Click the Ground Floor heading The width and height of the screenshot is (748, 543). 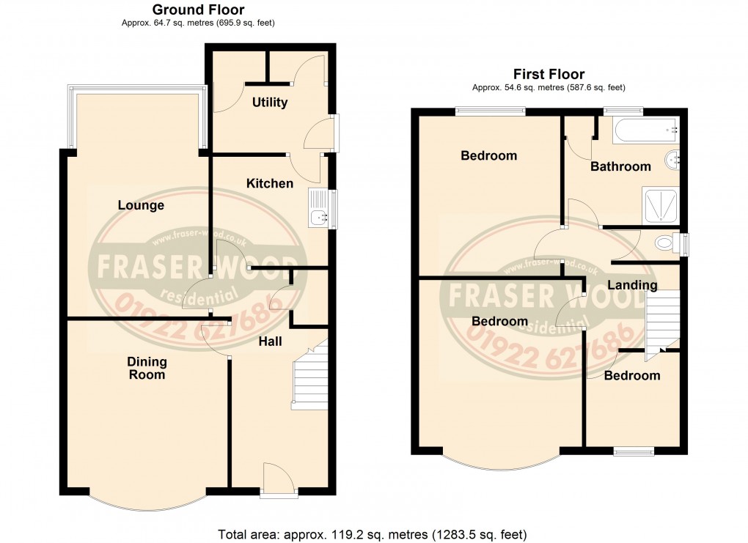coord(198,10)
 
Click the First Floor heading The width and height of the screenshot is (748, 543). coord(549,74)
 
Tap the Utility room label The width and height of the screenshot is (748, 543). coord(270,103)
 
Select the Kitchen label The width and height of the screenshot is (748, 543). coord(269,183)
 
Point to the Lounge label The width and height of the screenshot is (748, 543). coord(142,206)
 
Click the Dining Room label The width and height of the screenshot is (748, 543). coord(147,368)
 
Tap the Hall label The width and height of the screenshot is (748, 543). coord(270,341)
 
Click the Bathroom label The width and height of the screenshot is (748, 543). coord(620,166)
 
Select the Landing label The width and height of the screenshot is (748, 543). coord(632,284)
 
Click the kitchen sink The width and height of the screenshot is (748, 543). coord(319,209)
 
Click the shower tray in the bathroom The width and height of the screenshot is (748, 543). coord(661,204)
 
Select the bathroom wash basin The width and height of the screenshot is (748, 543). coord(672,159)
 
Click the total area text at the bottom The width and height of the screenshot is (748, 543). coord(373,534)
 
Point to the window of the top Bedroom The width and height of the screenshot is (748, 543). coord(490,111)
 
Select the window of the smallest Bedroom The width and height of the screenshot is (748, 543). coord(634,451)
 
